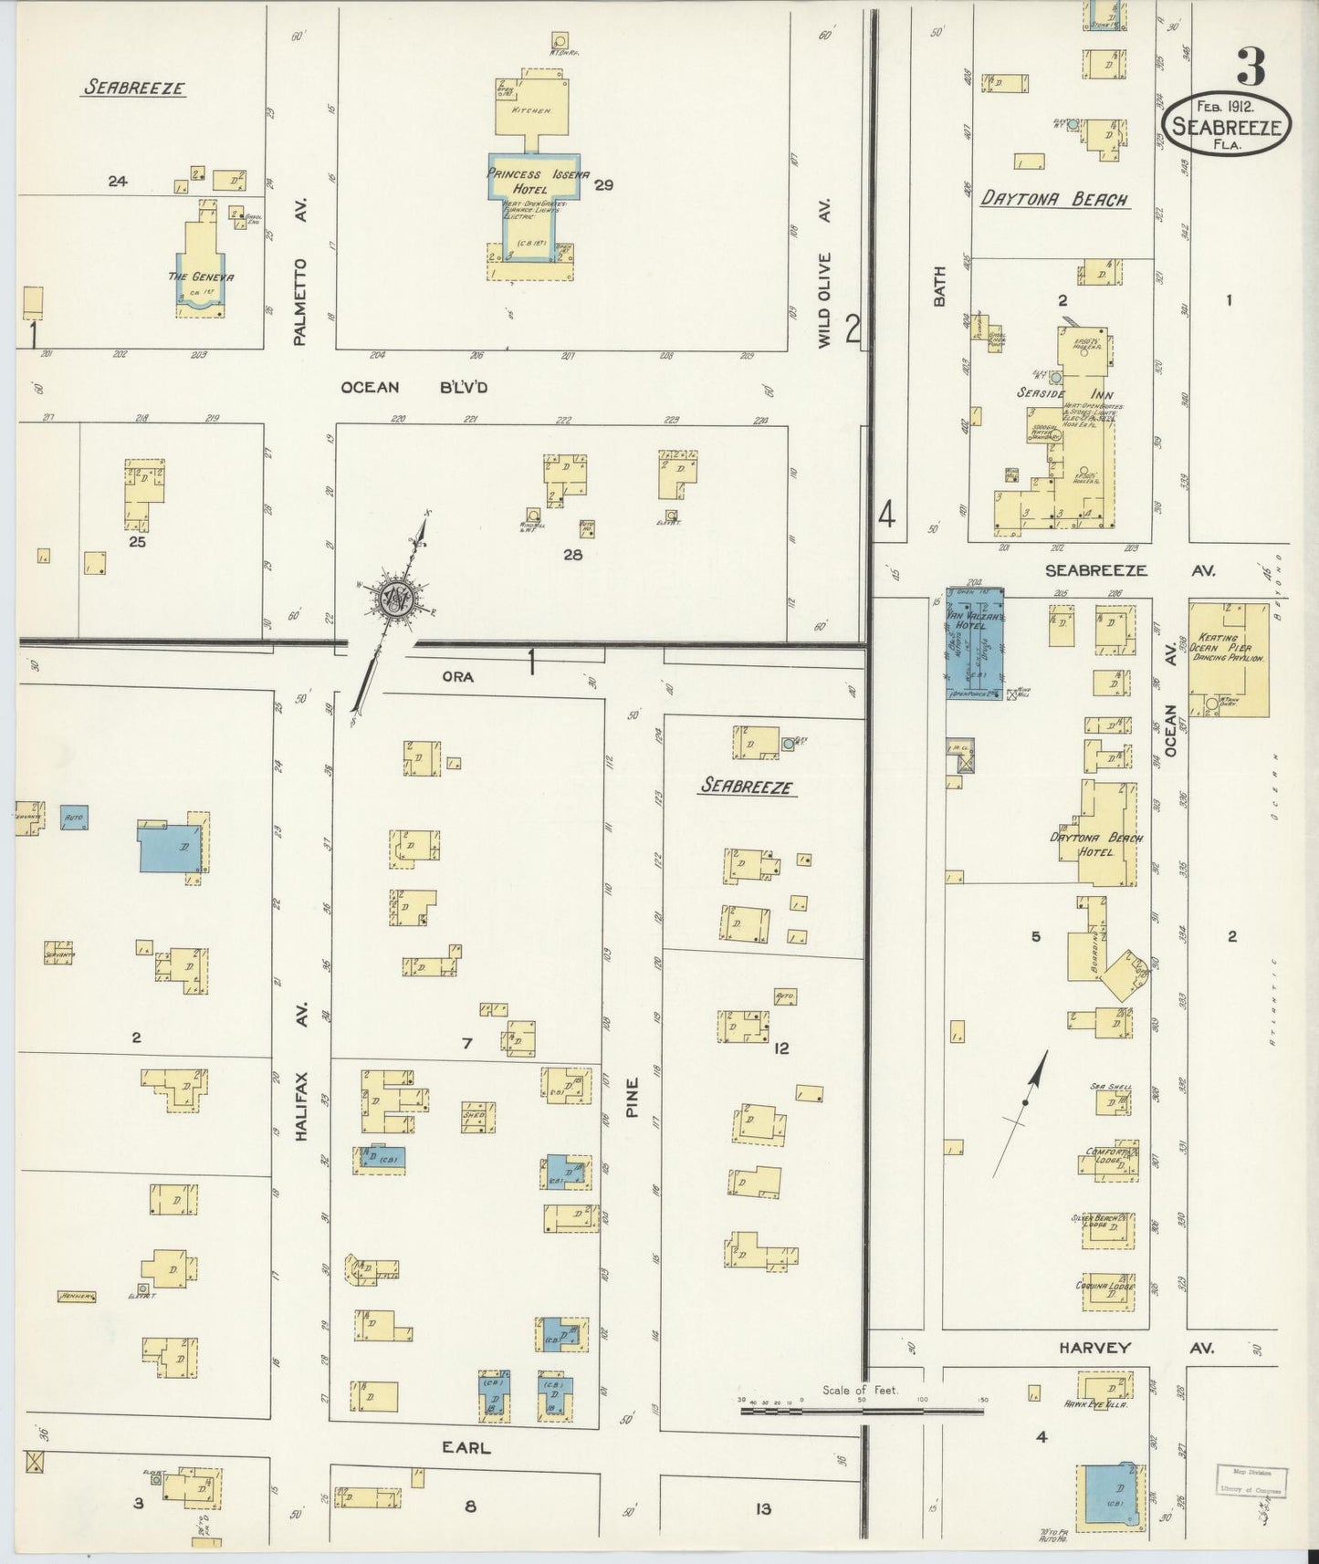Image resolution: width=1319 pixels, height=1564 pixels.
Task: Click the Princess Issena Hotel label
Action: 538,181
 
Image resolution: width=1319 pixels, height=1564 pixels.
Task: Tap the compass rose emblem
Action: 396,599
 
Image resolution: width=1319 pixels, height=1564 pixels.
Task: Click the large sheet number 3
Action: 1251,67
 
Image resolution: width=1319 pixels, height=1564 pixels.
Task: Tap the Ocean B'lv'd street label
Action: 414,387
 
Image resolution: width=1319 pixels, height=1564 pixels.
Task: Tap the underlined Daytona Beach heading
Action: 1054,200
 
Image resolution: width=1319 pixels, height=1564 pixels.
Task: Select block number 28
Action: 572,553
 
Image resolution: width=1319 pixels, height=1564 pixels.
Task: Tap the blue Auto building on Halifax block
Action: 74,817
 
